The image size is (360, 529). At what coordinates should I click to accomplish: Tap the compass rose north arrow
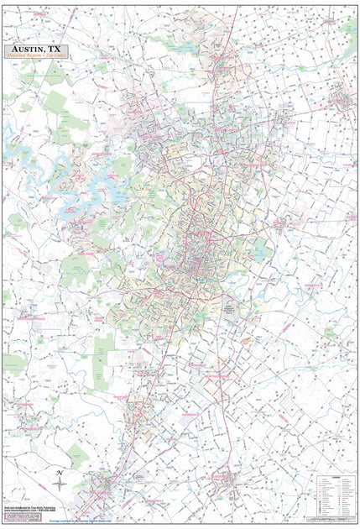point(60,485)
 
